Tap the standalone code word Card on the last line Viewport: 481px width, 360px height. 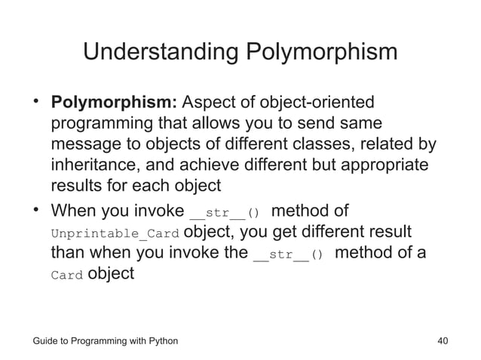point(66,275)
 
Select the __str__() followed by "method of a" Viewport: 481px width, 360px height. point(288,254)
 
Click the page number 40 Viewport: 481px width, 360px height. point(443,341)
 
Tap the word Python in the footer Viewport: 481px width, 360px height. point(161,341)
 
